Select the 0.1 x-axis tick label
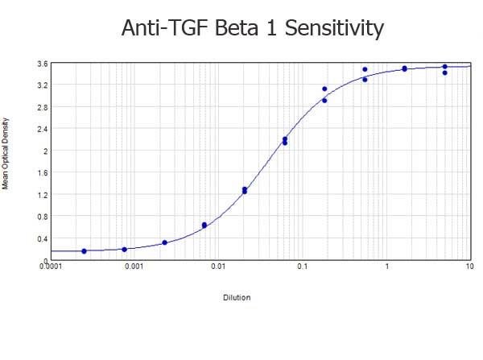pyautogui.click(x=302, y=267)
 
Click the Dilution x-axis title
pyautogui.click(x=237, y=297)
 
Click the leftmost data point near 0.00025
pyautogui.click(x=84, y=251)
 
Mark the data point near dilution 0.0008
pyautogui.click(x=124, y=250)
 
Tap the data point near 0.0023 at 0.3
pyautogui.click(x=164, y=242)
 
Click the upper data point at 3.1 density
pyautogui.click(x=324, y=89)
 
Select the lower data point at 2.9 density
pyautogui.click(x=324, y=101)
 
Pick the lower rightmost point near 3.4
pyautogui.click(x=444, y=72)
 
